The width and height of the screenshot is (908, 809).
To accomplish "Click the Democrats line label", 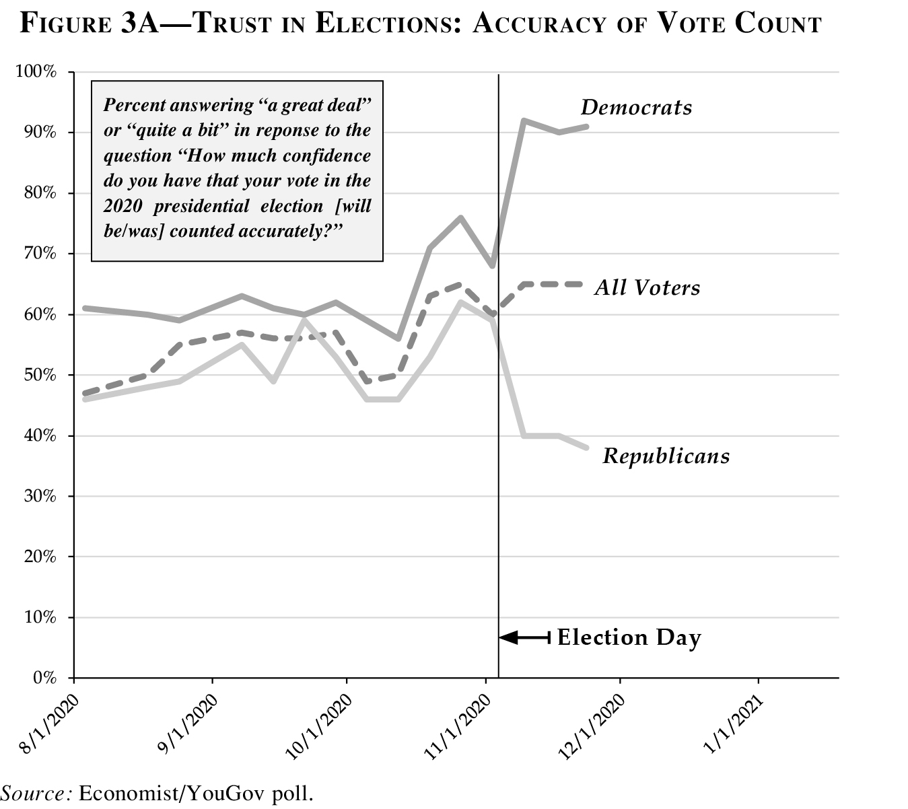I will pyautogui.click(x=636, y=108).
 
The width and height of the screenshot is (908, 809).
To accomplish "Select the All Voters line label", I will pyautogui.click(x=647, y=288).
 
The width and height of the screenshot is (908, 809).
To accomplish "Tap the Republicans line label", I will pyautogui.click(x=666, y=456).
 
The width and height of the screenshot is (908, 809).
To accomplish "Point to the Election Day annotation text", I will pyautogui.click(x=629, y=637).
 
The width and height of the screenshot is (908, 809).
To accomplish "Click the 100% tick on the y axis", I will pyautogui.click(x=37, y=72).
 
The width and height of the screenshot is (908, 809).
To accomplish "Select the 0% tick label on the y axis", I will pyautogui.click(x=44, y=678).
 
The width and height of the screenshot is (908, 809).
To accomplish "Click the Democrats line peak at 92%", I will pyautogui.click(x=524, y=120).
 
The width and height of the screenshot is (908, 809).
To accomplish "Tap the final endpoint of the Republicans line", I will pyautogui.click(x=587, y=448).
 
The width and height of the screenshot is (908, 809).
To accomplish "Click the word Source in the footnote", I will pyautogui.click(x=35, y=792).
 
